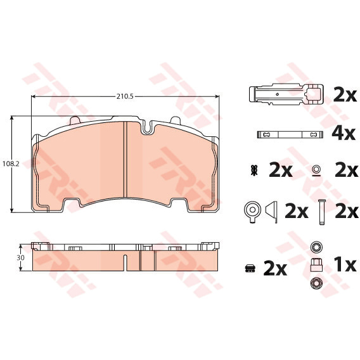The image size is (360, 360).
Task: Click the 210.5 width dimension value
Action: click(125, 96)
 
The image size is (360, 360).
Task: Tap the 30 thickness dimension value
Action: click(20, 257)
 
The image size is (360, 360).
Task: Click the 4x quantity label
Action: click(344, 134)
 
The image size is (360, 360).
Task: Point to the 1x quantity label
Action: click(345, 265)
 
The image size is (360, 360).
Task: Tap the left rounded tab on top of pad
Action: click(74, 120)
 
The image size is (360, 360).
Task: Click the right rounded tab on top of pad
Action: click(175, 120)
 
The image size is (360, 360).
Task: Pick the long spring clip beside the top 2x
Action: click(286, 94)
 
